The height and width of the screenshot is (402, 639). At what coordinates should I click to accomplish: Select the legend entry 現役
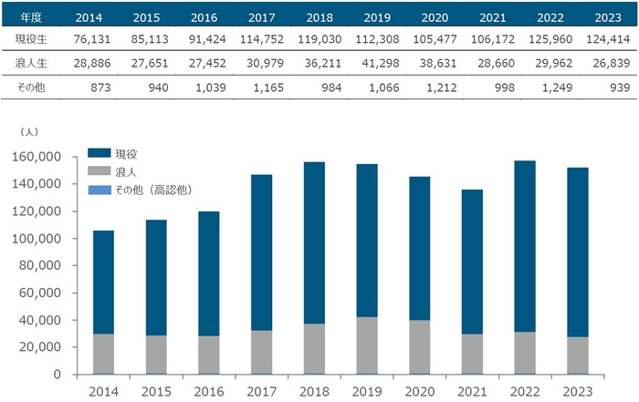pos(125,154)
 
